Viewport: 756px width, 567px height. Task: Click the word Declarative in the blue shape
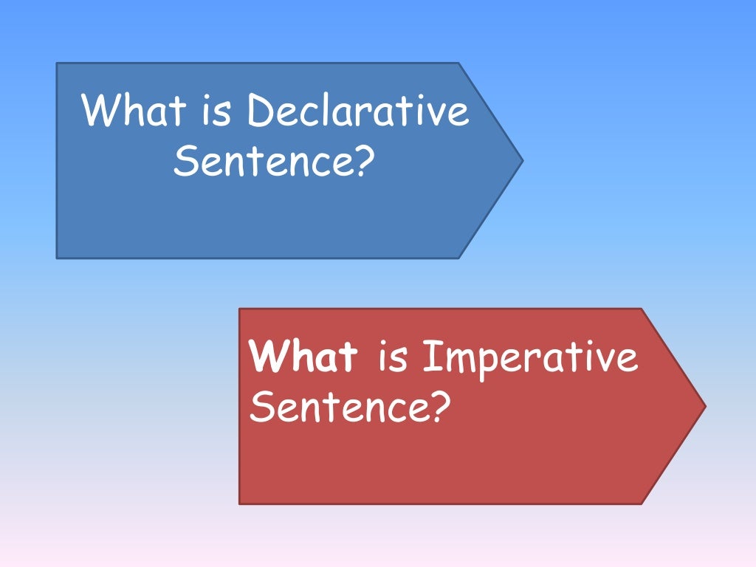pos(358,111)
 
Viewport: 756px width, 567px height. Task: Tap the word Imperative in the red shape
pos(529,358)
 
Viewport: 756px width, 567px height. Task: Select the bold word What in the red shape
pos(303,358)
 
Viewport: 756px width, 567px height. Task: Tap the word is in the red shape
pos(393,358)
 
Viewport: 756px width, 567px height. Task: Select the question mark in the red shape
pos(439,407)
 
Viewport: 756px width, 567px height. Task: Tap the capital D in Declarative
pos(259,111)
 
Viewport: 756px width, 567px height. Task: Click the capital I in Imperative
pos(432,358)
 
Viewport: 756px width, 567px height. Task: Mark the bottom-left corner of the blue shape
pos(58,257)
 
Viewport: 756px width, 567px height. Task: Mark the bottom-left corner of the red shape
pos(240,504)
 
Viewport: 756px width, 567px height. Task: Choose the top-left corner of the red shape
pos(240,309)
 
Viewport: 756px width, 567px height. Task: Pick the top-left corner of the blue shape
pos(58,63)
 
